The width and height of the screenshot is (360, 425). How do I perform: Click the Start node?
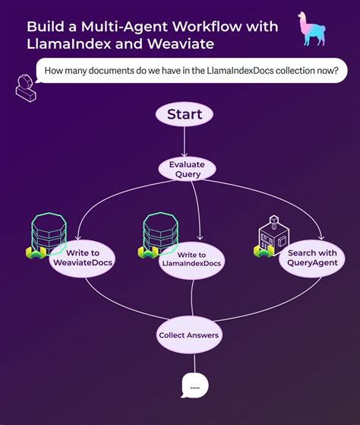coord(184,115)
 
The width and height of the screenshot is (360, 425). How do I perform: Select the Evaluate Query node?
coord(187,169)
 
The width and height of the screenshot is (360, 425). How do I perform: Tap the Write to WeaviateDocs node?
coord(82,258)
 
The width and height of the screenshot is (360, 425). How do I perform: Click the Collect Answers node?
coord(188,335)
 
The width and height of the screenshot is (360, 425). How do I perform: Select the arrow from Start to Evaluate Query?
coord(185,142)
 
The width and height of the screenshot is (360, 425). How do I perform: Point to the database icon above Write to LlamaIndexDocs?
coord(161,231)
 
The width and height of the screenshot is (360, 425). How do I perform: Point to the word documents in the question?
coord(119,74)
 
